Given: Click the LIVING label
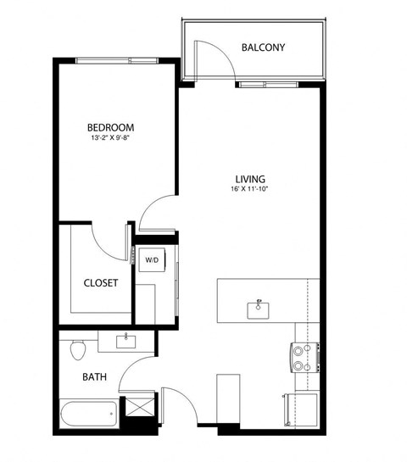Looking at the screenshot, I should point(250,179).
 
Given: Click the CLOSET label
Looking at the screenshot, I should point(100,283).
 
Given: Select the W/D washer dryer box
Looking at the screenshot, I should point(153,260).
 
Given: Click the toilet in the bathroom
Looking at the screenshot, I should point(77,348).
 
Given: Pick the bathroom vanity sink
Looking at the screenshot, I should point(128,341).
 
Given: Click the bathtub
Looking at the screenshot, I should point(88,415).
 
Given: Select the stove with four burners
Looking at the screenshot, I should point(303,358).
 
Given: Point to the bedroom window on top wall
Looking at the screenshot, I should point(116,60).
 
